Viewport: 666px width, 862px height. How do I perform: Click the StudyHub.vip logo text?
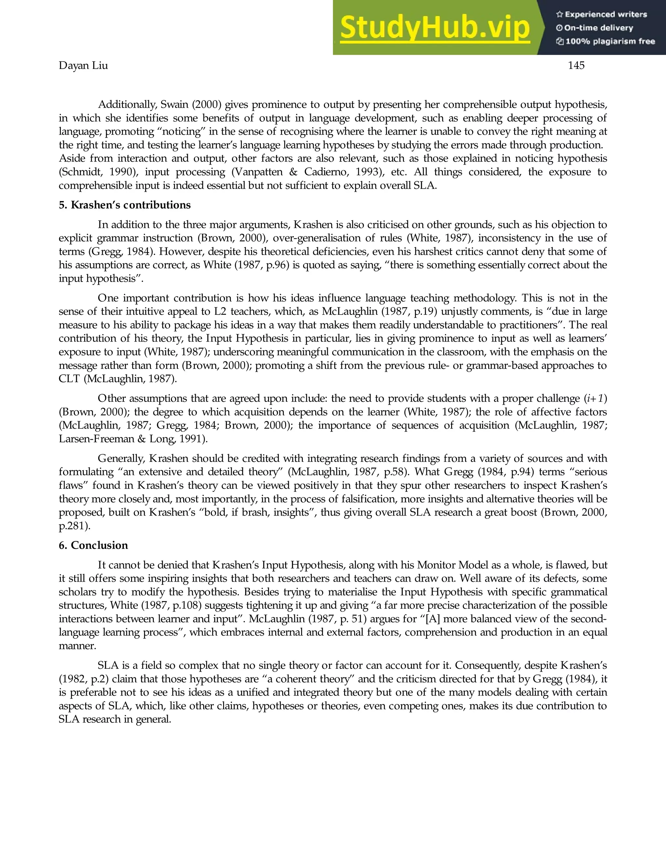pyautogui.click(x=434, y=28)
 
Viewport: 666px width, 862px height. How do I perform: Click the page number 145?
pyautogui.click(x=576, y=65)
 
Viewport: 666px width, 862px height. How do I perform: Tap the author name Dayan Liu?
pyautogui.click(x=83, y=65)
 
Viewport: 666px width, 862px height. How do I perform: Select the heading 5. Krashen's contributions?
pyautogui.click(x=125, y=205)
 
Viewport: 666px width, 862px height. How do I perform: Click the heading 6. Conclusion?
pyautogui.click(x=94, y=545)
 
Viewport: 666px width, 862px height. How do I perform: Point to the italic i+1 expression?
pyautogui.click(x=595, y=399)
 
